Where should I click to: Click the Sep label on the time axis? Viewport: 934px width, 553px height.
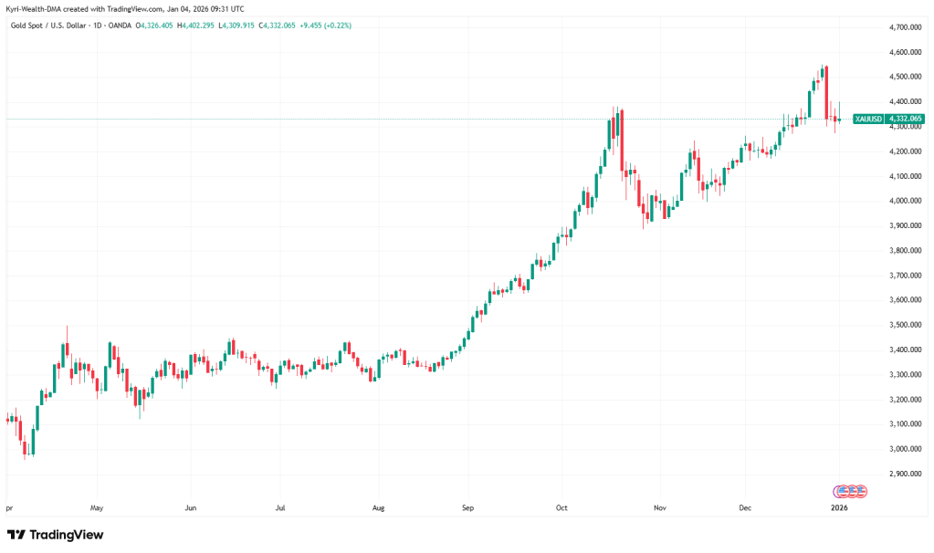[468, 506]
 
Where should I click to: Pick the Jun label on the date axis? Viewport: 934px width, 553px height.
[190, 506]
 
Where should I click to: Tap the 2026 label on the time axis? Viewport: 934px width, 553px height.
[838, 506]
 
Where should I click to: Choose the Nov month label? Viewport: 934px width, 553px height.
[657, 506]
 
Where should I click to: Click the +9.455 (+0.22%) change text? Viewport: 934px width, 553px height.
[319, 26]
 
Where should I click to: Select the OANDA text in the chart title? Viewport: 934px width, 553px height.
[119, 26]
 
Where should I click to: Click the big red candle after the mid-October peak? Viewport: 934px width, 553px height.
[622, 141]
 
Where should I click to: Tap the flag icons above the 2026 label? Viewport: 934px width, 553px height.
[850, 490]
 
